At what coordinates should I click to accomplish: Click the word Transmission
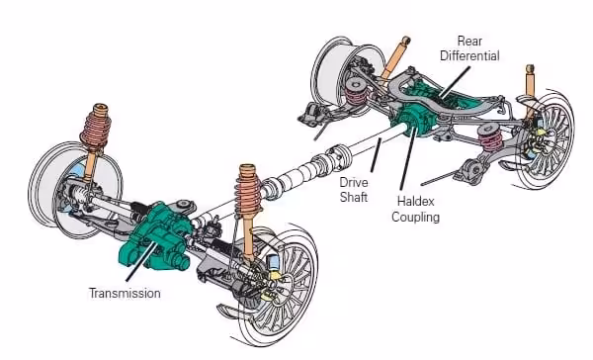[x=125, y=294]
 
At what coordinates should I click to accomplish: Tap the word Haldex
[x=416, y=201]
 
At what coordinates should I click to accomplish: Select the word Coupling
[x=416, y=218]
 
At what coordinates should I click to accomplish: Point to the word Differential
[x=469, y=56]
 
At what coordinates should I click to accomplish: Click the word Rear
[x=469, y=41]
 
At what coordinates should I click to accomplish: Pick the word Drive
[x=354, y=182]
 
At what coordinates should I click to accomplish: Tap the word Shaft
[x=354, y=197]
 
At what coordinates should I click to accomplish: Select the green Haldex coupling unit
[x=412, y=120]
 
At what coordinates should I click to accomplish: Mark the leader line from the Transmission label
[x=140, y=261]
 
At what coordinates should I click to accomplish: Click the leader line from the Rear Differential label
[x=455, y=82]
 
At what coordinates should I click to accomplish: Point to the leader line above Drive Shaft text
[x=376, y=155]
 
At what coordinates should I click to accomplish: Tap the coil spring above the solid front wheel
[x=96, y=128]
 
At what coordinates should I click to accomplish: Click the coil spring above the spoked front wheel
[x=248, y=189]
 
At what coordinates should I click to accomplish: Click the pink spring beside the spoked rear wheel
[x=490, y=137]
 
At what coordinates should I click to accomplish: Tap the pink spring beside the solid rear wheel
[x=356, y=92]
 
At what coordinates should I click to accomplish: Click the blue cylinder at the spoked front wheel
[x=273, y=262]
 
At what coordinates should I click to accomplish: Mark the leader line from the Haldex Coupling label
[x=408, y=158]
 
